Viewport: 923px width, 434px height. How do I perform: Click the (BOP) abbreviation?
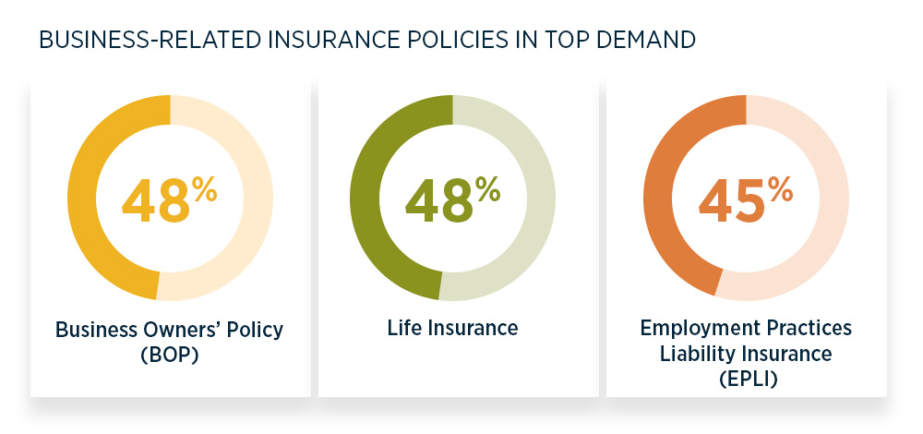coord(169,354)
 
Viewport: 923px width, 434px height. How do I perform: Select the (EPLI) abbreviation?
coord(746,377)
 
